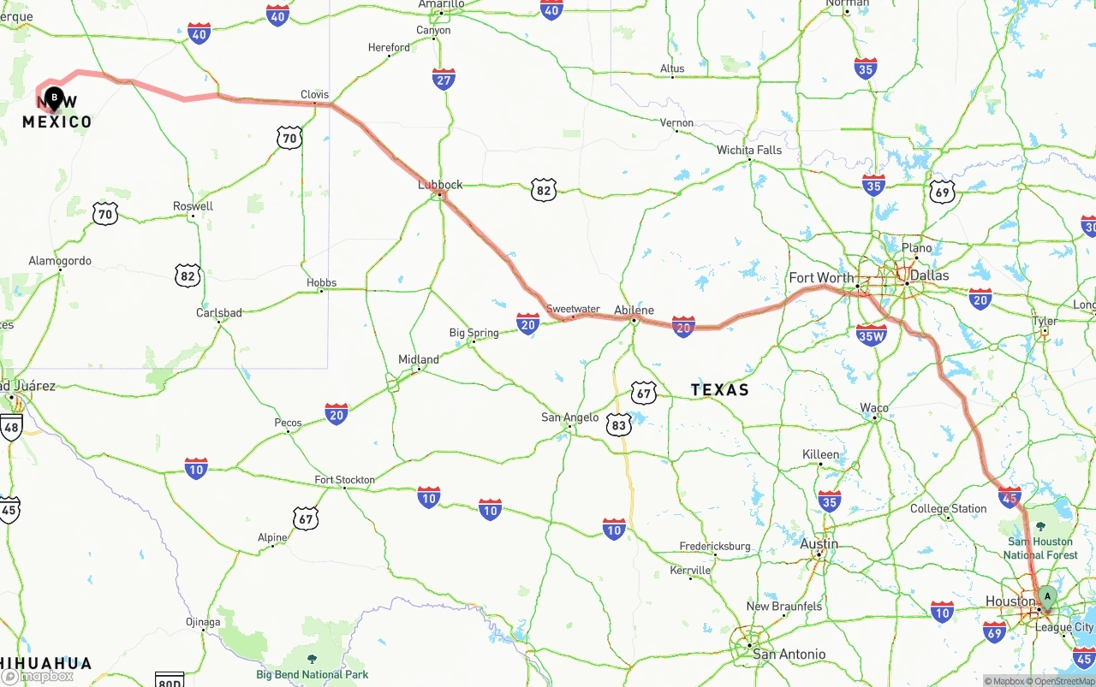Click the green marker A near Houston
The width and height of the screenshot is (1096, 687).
tap(1046, 597)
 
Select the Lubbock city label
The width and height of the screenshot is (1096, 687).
tap(440, 185)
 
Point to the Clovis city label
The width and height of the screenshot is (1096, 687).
tap(315, 95)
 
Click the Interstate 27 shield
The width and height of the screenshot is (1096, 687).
tap(444, 80)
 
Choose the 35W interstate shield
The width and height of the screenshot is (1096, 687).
tap(871, 335)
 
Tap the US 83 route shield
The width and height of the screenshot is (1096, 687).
tap(619, 423)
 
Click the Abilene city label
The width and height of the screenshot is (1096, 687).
tap(634, 311)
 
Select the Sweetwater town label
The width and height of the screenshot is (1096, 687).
tap(573, 309)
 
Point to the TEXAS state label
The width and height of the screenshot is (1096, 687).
tap(720, 390)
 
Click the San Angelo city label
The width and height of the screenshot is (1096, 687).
tap(570, 418)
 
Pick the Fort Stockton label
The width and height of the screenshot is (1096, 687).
tap(344, 480)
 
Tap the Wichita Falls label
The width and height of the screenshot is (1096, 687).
tap(749, 151)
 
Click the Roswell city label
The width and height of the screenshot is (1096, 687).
tap(193, 206)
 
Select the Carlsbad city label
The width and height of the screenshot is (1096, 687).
tap(219, 313)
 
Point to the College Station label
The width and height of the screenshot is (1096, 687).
tap(948, 509)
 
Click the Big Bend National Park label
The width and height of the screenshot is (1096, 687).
tap(313, 674)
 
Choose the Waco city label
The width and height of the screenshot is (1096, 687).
tap(874, 408)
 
